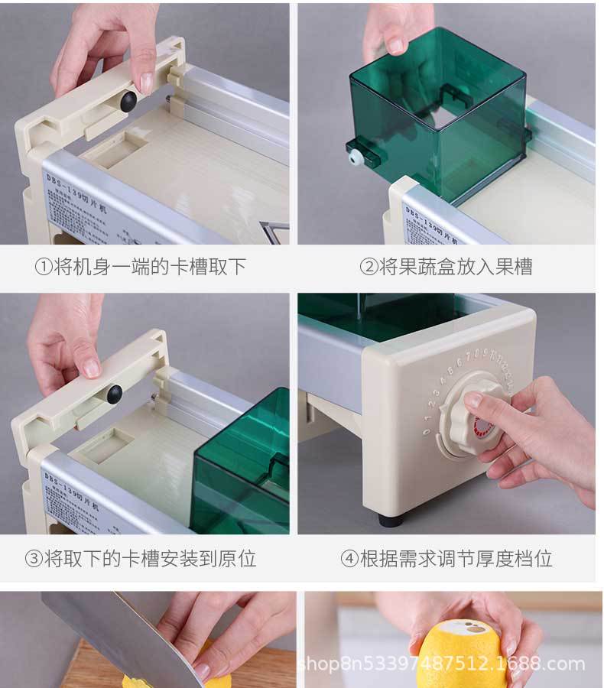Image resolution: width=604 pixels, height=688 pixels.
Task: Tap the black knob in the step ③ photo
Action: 114,394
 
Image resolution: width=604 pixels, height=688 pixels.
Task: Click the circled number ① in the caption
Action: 43,267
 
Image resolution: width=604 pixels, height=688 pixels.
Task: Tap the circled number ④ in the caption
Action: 349,559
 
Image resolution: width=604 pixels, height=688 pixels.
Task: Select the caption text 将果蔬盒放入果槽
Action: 455,267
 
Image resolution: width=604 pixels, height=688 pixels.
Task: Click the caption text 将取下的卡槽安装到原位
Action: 149,559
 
